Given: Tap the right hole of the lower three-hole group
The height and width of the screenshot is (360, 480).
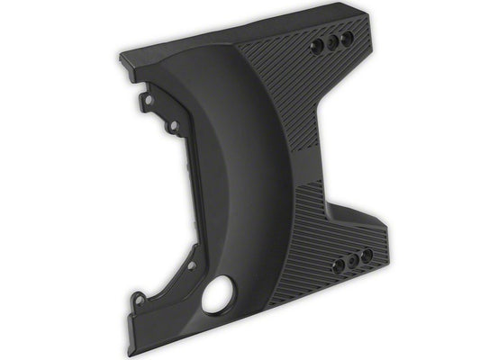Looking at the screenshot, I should (x=367, y=256).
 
